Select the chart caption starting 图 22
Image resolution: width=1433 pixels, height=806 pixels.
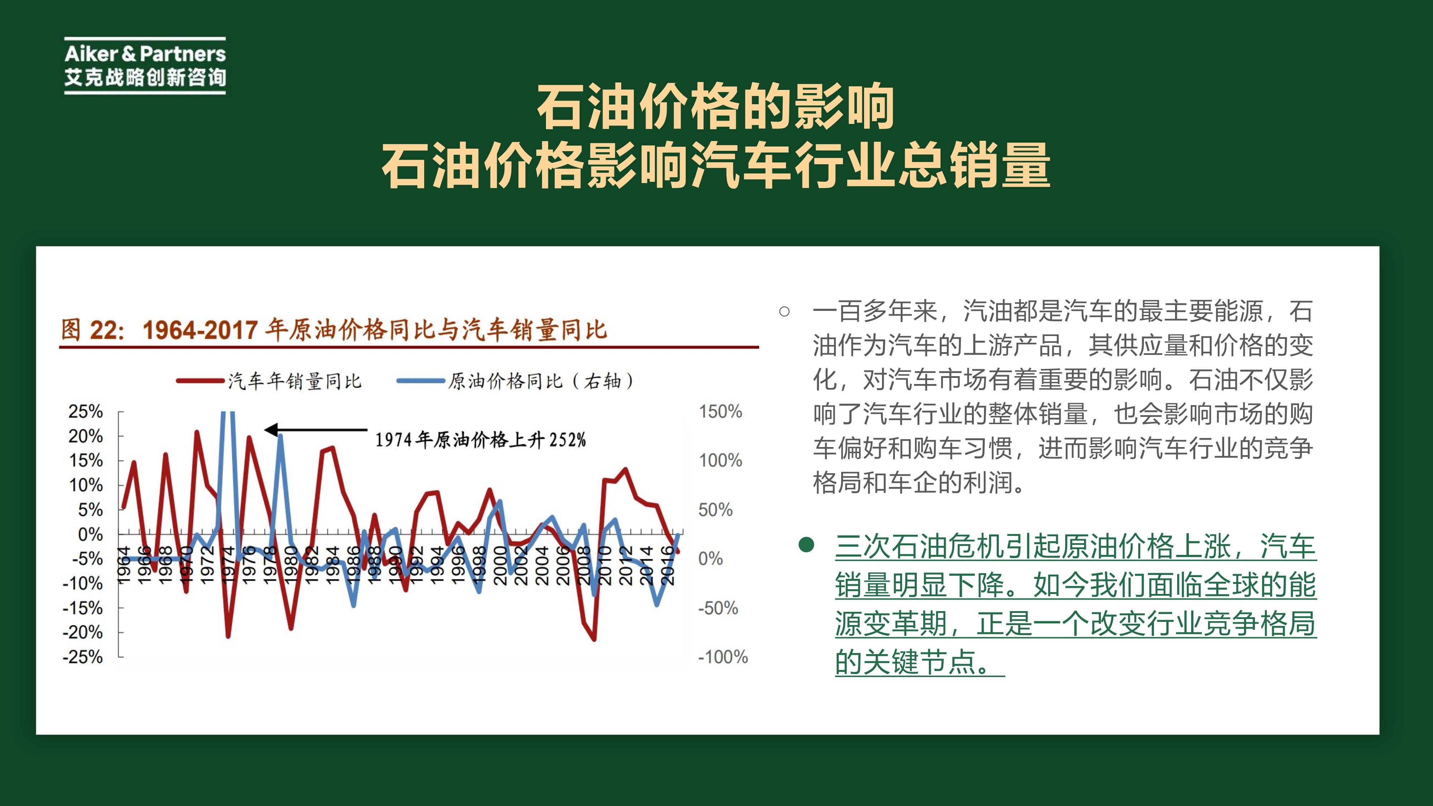(x=334, y=330)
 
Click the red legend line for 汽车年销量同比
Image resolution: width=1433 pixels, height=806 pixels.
(x=199, y=382)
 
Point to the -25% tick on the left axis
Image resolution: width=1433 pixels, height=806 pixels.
(x=83, y=657)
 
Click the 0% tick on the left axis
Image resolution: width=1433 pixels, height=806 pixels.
(x=90, y=534)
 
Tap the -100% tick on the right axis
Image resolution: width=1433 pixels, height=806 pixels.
(x=723, y=657)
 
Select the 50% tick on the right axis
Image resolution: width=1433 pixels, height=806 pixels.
(x=715, y=509)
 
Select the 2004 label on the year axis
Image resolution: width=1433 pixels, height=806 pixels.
(x=541, y=565)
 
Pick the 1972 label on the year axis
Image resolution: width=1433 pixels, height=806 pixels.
(x=207, y=565)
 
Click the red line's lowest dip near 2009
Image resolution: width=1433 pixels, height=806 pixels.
(x=594, y=639)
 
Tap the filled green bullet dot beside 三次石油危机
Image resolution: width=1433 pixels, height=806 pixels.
(x=806, y=544)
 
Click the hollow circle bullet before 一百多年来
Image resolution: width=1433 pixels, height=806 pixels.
(x=784, y=312)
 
